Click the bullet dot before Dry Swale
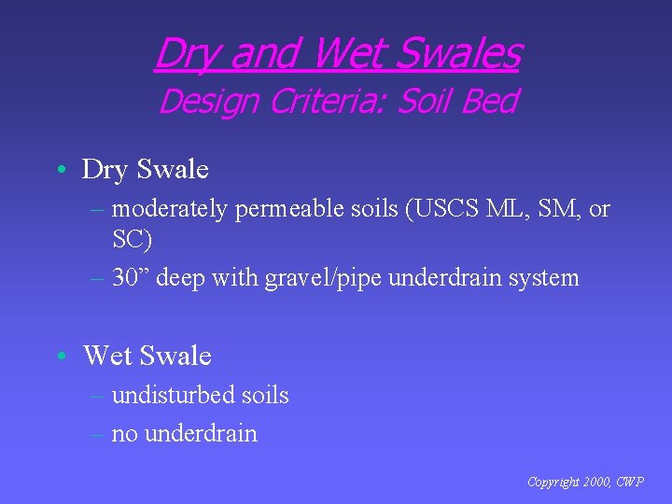click(x=59, y=170)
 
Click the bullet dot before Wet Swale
click(x=59, y=356)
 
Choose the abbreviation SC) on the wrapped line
click(x=132, y=239)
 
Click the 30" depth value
click(x=133, y=277)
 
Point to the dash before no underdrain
click(x=98, y=434)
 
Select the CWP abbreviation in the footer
click(x=629, y=483)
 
